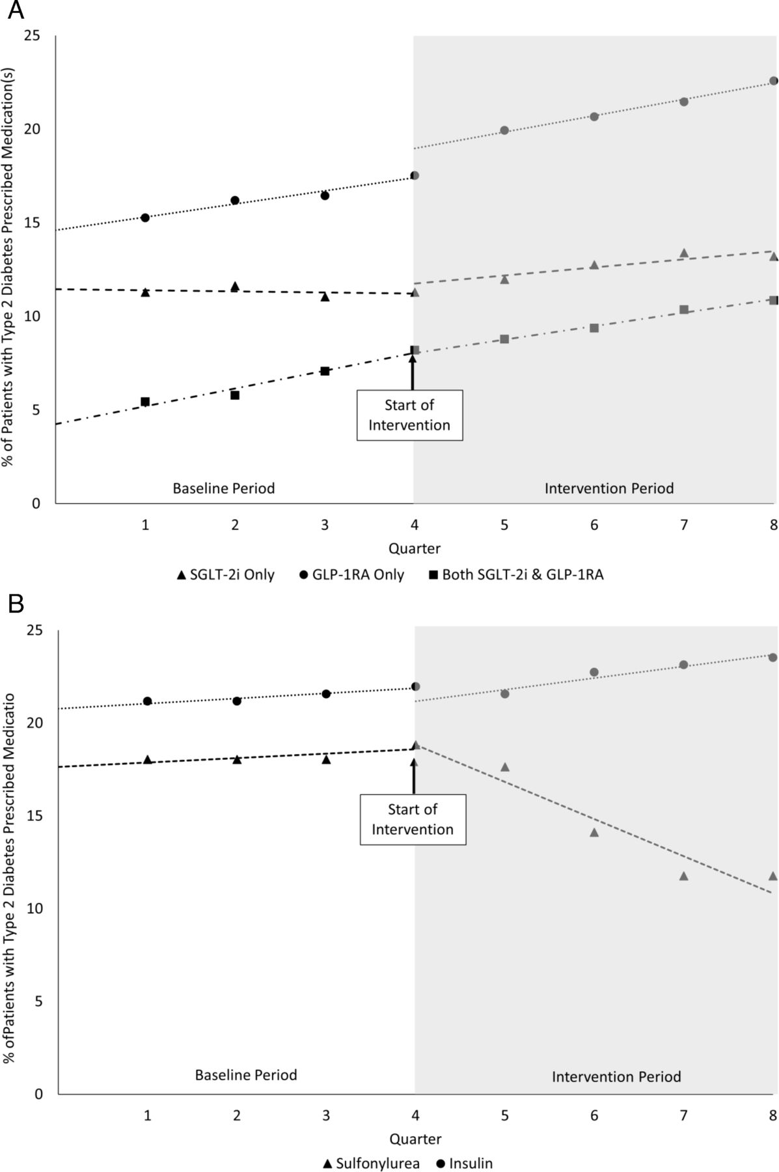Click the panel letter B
click(16, 604)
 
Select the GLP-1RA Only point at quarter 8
click(773, 81)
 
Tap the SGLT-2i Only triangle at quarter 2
click(235, 286)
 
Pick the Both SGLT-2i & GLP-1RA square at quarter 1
click(145, 402)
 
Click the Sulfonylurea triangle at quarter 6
click(594, 832)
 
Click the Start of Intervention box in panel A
click(409, 415)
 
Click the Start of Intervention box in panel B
click(413, 819)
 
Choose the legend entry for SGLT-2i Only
click(226, 575)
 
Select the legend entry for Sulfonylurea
click(371, 1164)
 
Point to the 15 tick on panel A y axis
click(32, 223)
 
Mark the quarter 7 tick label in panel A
click(683, 525)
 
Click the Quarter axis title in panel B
click(415, 1139)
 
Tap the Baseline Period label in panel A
click(223, 488)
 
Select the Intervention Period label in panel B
click(616, 1077)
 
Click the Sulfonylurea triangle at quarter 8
click(773, 876)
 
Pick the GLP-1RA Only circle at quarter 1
click(145, 217)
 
